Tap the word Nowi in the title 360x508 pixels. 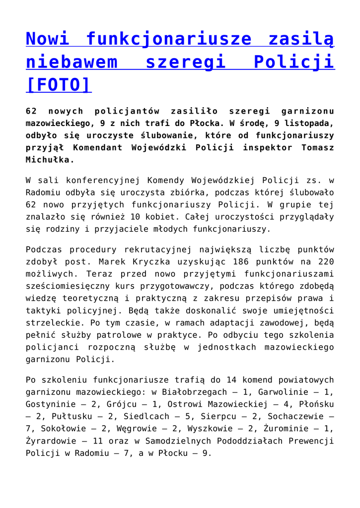pyautogui.click(x=47, y=38)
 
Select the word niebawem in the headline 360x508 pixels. pyautogui.click(x=72, y=62)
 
